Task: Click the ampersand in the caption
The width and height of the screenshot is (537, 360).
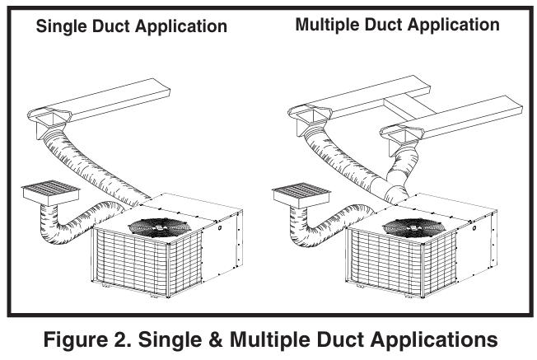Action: point(225,339)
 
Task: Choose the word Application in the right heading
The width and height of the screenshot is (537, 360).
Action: point(453,25)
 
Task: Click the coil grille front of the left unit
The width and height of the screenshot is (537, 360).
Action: point(132,259)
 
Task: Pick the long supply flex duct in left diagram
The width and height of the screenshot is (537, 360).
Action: point(99,165)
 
